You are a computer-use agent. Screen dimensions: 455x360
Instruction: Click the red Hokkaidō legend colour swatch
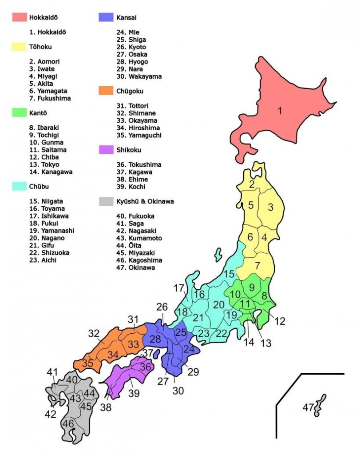click(x=20, y=17)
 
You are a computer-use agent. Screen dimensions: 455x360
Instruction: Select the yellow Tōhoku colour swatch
click(x=20, y=47)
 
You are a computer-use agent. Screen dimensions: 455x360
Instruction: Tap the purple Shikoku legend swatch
click(x=106, y=150)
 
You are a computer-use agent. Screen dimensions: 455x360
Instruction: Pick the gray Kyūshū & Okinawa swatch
click(x=106, y=201)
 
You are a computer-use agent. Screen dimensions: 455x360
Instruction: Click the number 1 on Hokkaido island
click(x=280, y=111)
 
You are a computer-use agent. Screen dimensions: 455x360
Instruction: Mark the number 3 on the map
click(x=270, y=207)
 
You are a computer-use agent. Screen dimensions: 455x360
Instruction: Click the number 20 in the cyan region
click(x=219, y=304)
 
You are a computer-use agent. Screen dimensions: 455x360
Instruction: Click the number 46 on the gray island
click(x=68, y=423)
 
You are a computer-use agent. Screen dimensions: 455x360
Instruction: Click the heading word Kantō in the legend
click(x=39, y=113)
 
